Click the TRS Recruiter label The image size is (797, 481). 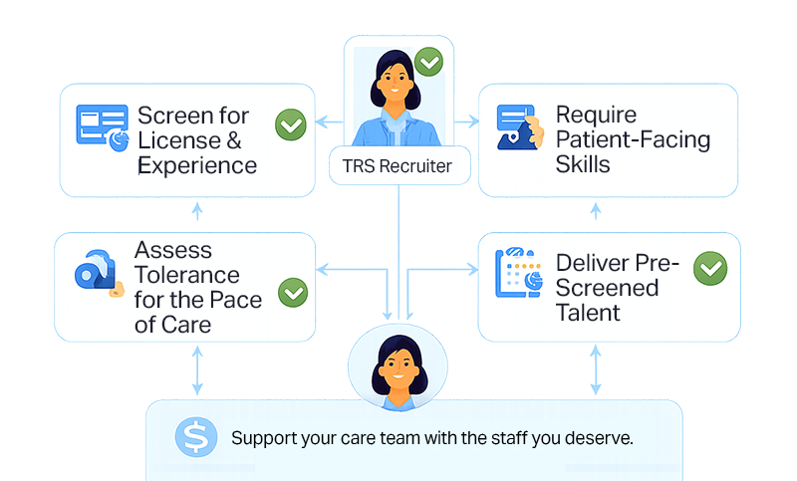(397, 165)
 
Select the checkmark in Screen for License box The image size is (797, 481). (290, 126)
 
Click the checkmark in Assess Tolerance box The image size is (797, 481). (292, 292)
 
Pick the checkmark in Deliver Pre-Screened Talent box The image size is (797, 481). (710, 268)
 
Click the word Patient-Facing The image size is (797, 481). (633, 139)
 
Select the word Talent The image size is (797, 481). (588, 313)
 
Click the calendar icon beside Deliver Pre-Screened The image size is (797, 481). (518, 270)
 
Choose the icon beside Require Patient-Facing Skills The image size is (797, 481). (519, 127)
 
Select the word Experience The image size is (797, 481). (197, 165)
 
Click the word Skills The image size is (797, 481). (583, 164)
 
